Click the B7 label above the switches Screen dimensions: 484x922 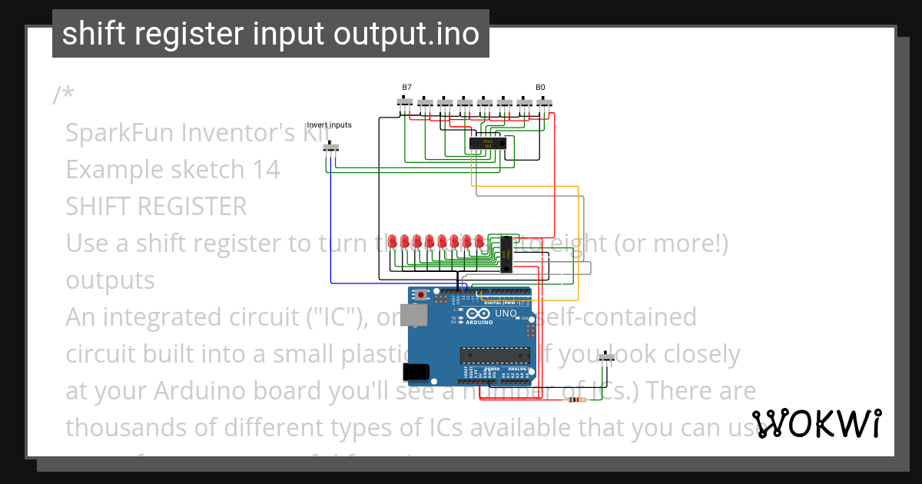pyautogui.click(x=406, y=88)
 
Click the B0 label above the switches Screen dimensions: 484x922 pyautogui.click(x=540, y=88)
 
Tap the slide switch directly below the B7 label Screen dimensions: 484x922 pyautogui.click(x=405, y=102)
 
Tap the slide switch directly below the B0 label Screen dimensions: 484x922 pyautogui.click(x=545, y=102)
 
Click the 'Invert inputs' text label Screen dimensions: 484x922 pyautogui.click(x=329, y=125)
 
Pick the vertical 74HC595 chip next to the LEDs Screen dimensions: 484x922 pyautogui.click(x=507, y=254)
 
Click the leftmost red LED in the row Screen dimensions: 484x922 pyautogui.click(x=393, y=242)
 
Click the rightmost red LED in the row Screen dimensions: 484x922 pyautogui.click(x=479, y=242)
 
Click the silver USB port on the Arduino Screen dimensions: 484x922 pyautogui.click(x=419, y=314)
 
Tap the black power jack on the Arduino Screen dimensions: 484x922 pyautogui.click(x=416, y=372)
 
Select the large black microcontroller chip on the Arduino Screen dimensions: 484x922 pyautogui.click(x=495, y=355)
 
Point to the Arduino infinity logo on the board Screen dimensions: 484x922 pyautogui.click(x=476, y=314)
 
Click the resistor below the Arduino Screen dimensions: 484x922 pyautogui.click(x=574, y=400)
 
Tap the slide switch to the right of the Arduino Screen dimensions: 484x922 pyautogui.click(x=608, y=357)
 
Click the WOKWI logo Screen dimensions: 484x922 pyautogui.click(x=816, y=423)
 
